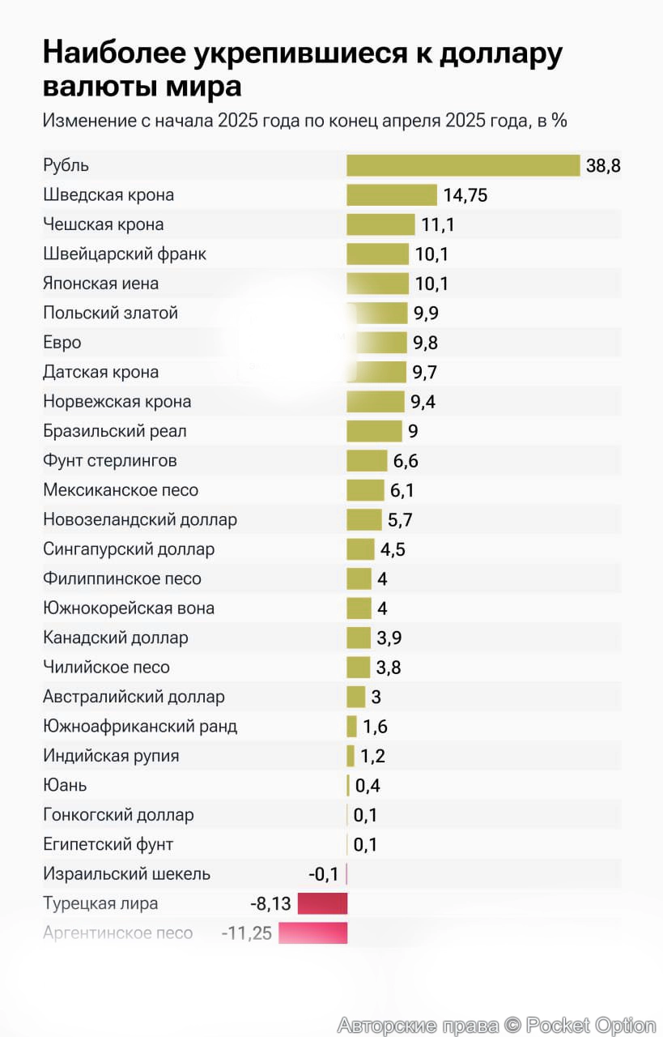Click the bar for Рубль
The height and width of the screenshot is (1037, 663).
[463, 165]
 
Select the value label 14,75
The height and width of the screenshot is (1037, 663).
[465, 195]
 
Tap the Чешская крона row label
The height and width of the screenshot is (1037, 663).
[103, 224]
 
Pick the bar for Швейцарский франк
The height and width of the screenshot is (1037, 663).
[377, 254]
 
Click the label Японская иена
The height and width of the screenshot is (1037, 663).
[100, 284]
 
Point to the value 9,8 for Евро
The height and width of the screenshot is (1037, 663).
[425, 343]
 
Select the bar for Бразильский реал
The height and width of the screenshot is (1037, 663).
[374, 431]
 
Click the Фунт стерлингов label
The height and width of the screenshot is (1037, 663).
[109, 461]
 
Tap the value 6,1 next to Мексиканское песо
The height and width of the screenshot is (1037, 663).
[402, 490]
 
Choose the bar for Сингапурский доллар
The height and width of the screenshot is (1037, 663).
[360, 549]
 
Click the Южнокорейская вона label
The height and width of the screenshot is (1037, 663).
[129, 608]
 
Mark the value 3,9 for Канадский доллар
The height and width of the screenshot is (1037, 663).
[389, 638]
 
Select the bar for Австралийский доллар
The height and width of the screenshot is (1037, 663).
[355, 697]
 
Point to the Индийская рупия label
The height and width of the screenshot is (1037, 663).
[111, 756]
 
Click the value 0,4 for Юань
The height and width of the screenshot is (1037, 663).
[367, 785]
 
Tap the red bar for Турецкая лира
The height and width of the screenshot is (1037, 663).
[322, 903]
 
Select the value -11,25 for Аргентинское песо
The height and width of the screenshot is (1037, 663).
[247, 933]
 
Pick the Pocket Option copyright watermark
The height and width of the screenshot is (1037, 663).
[496, 1025]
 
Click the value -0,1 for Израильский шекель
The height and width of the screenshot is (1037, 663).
[324, 874]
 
